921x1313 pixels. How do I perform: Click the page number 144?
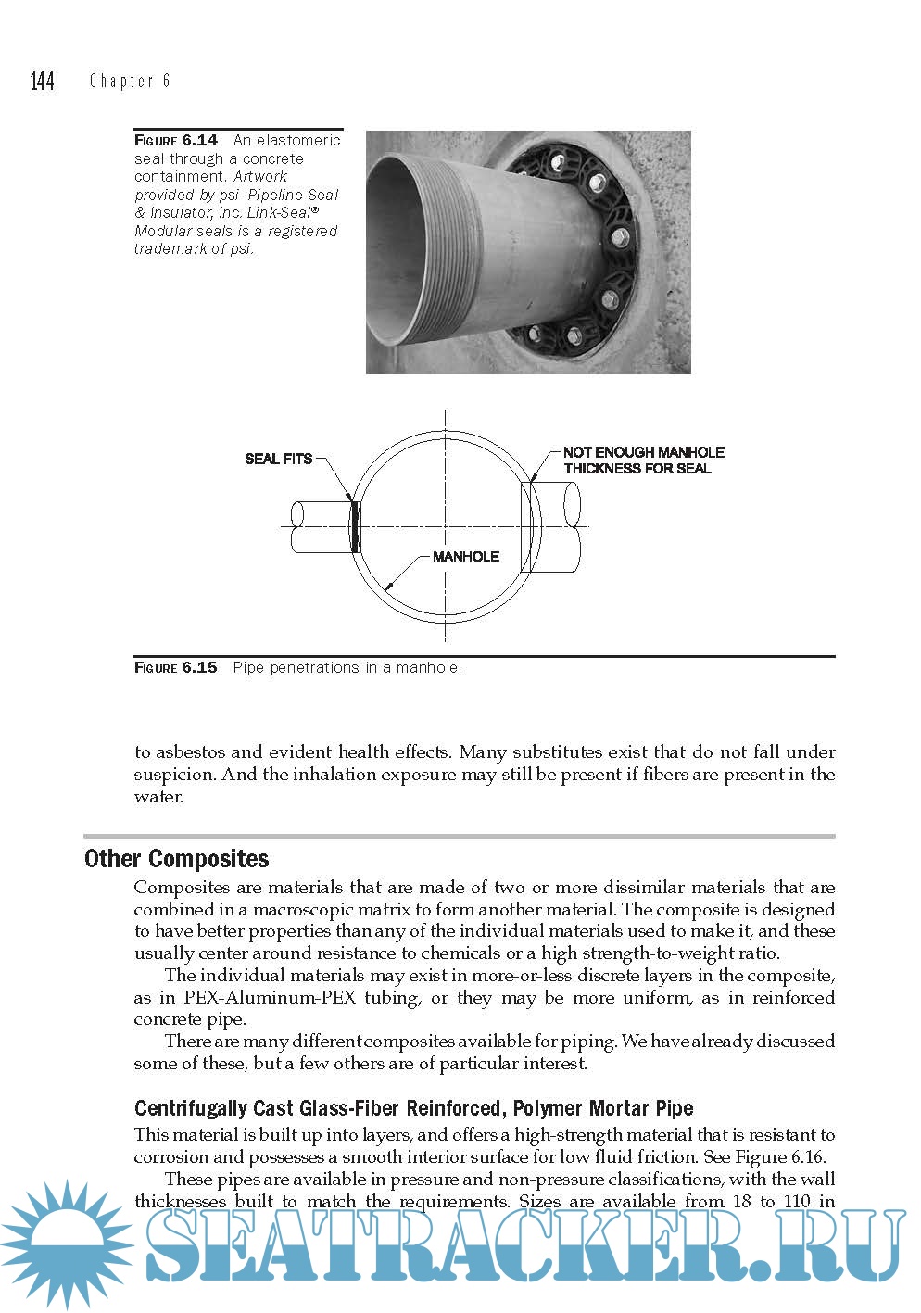43,82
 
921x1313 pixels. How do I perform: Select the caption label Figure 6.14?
176,141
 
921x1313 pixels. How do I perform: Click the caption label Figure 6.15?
176,667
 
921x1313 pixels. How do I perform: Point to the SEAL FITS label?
278,459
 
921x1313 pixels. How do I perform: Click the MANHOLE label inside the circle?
466,557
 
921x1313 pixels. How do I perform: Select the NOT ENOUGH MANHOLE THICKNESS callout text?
643,461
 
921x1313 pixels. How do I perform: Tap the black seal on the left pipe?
355,526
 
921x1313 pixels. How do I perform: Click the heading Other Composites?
177,859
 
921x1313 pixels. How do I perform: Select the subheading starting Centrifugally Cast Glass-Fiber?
413,1108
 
